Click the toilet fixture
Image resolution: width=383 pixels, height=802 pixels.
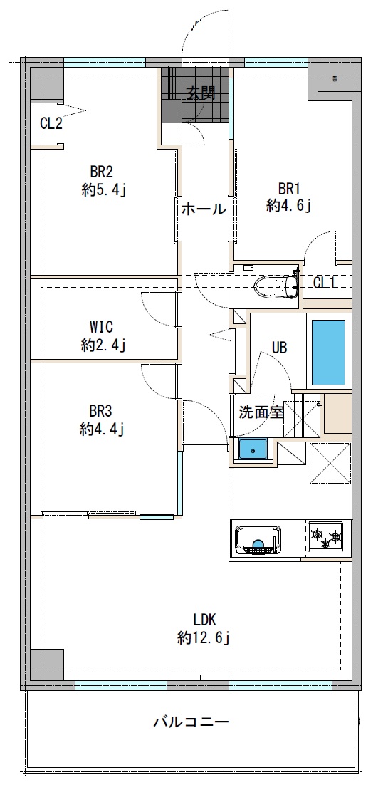[276, 286]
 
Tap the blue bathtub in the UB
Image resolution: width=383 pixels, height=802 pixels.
[328, 352]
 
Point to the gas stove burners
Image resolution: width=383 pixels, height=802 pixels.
[326, 537]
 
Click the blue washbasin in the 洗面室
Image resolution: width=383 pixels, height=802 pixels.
[253, 449]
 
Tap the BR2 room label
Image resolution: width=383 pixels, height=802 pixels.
[101, 172]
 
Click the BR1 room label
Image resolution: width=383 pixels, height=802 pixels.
[289, 189]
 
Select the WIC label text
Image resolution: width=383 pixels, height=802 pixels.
[101, 326]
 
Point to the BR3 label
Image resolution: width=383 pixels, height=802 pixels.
[101, 411]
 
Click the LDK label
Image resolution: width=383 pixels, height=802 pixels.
[204, 620]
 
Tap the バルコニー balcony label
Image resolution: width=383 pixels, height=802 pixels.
[191, 722]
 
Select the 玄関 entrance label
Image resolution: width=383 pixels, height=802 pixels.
[201, 93]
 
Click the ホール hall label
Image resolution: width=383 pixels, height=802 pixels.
[204, 209]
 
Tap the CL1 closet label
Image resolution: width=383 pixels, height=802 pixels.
[324, 283]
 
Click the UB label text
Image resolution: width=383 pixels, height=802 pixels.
[279, 348]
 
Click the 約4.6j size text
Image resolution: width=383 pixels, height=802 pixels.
[289, 206]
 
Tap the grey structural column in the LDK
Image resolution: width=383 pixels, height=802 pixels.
[47, 665]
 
